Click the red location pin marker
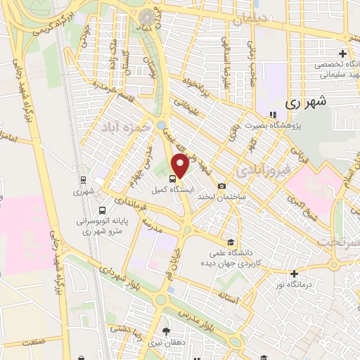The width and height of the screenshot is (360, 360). pos(180,167)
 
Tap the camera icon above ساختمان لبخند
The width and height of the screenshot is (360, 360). pos(222,186)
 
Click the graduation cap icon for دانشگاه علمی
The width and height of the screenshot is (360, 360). pos(223,240)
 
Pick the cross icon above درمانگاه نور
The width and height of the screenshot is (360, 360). pos(294,274)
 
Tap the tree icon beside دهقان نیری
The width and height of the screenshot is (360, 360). pos(166,332)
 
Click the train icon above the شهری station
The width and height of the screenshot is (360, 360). pos(84,179)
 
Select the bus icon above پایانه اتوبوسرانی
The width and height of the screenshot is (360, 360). pos(103,210)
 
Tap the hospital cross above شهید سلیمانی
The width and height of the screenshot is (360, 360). pos(342,53)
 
